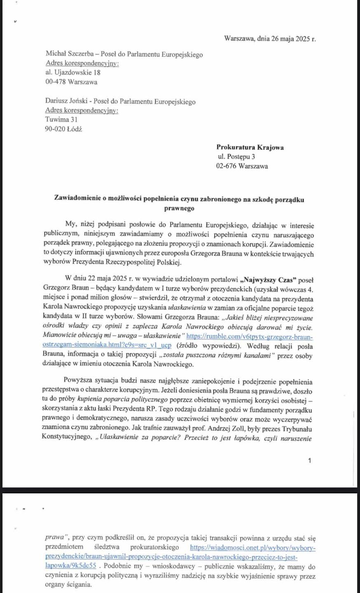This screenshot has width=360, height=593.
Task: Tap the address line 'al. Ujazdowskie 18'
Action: click(x=73, y=72)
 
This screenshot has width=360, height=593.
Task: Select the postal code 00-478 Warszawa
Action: click(x=71, y=82)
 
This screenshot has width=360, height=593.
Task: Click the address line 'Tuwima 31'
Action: click(x=61, y=119)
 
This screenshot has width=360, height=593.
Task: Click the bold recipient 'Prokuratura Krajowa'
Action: click(x=250, y=147)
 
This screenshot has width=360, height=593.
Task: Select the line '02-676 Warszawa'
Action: click(x=242, y=166)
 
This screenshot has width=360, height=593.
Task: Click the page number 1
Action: click(x=310, y=462)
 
